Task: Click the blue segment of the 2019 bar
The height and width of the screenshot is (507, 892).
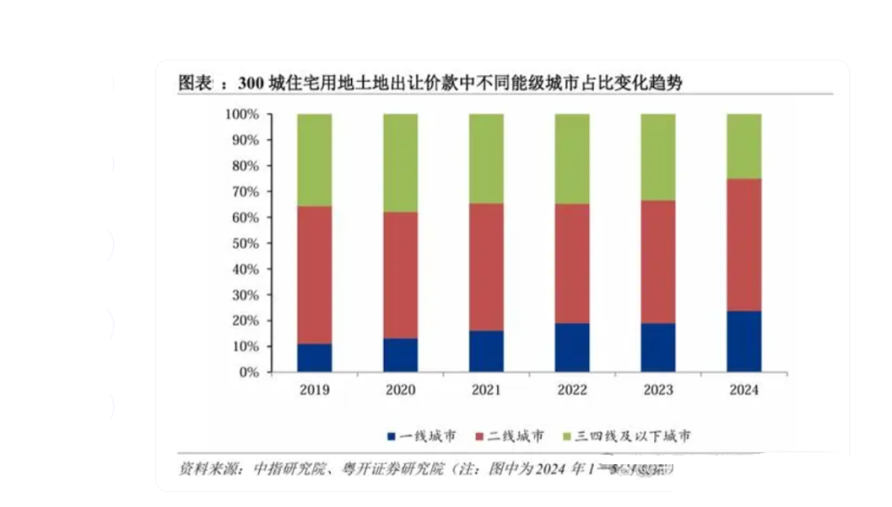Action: [314, 357]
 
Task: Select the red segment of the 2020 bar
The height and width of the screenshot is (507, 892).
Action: [400, 275]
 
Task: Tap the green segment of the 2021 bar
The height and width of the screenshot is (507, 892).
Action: [486, 159]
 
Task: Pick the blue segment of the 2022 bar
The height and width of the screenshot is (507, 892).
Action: [571, 347]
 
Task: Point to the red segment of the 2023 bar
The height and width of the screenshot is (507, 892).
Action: [657, 262]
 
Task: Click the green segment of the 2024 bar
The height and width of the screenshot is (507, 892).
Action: [743, 146]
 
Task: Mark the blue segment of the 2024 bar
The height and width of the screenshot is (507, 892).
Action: [743, 341]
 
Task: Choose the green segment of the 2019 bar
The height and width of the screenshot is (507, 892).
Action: [314, 160]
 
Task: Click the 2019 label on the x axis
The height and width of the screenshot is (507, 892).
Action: [314, 390]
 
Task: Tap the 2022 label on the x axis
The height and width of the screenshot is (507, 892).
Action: [571, 390]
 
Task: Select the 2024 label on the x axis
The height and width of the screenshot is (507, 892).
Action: [743, 390]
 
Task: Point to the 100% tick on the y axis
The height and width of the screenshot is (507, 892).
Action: [241, 114]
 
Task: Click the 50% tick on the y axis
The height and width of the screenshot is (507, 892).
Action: [243, 243]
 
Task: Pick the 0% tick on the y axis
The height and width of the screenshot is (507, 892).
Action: [248, 372]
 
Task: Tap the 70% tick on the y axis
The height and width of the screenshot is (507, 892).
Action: [243, 191]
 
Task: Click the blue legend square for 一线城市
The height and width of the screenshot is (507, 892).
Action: [392, 435]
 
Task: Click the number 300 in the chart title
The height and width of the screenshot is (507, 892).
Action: [251, 84]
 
